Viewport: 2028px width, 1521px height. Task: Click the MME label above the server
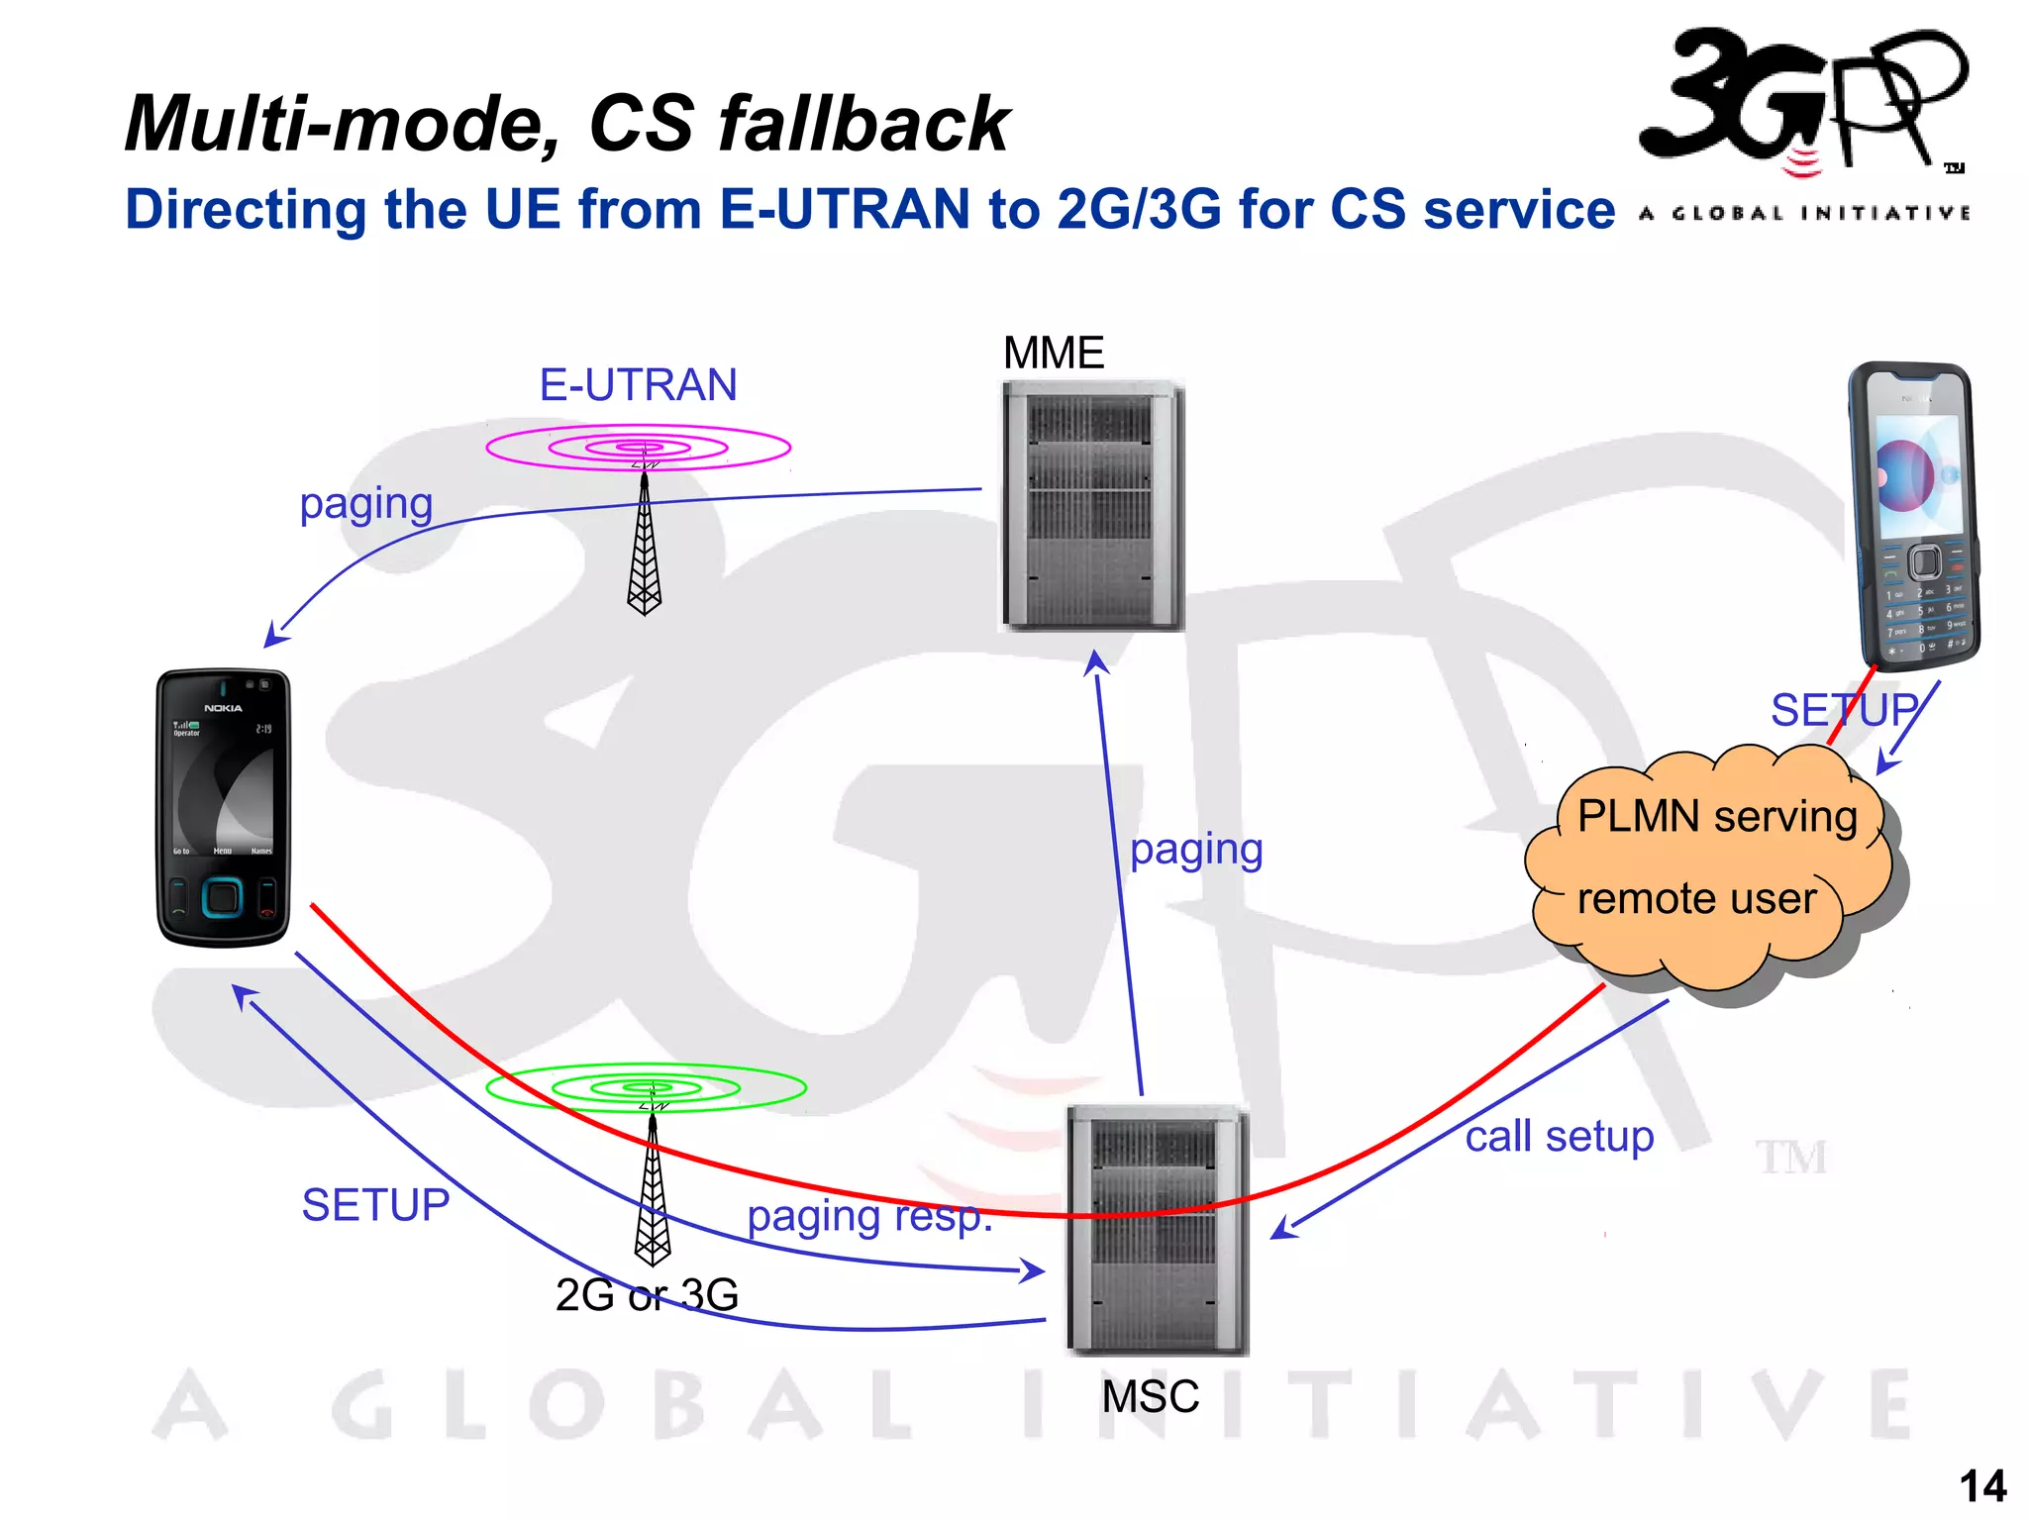[1053, 354]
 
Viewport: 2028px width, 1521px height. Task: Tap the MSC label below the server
[1150, 1396]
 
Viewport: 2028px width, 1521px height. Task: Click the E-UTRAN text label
[638, 385]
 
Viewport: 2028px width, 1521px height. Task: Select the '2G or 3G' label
[647, 1294]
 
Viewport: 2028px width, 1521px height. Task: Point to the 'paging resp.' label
[869, 1217]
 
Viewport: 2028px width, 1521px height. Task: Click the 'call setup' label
[1559, 1137]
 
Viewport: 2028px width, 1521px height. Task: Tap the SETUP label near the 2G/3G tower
[375, 1205]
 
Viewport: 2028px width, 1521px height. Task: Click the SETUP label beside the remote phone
[1844, 710]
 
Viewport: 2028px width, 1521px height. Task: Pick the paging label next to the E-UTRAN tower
[366, 504]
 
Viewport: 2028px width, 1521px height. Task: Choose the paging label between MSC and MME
[1196, 850]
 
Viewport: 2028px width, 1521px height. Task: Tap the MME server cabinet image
[1092, 505]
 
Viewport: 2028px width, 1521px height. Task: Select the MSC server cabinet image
[1157, 1231]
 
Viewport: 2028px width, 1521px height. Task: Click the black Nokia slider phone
[223, 808]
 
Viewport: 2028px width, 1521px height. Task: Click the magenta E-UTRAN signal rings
[638, 448]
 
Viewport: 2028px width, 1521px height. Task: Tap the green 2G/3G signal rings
[646, 1087]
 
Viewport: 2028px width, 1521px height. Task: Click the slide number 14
[1982, 1486]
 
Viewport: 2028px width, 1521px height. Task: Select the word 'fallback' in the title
[863, 124]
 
